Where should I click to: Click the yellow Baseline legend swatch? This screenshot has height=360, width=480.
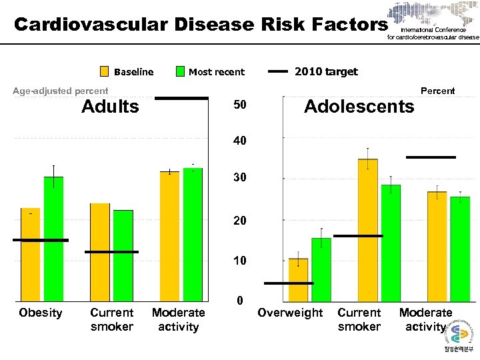coord(105,72)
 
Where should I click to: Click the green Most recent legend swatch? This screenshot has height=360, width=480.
coord(180,72)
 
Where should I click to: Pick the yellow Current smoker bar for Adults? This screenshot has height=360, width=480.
coord(100,252)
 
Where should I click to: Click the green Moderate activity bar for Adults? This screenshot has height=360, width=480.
coord(193,234)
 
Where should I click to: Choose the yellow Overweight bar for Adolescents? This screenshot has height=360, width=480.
coord(298,279)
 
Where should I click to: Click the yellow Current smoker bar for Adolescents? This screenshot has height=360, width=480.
coord(368,230)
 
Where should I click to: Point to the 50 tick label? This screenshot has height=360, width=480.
coord(239,107)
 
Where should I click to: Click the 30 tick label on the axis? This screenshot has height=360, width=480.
coord(239,179)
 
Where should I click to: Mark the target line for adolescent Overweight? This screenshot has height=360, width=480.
coord(289,283)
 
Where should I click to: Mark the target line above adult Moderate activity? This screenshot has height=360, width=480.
coord(181,99)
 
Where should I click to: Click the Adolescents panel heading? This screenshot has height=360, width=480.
coord(359,107)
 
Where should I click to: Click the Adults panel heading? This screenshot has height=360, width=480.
coord(110,107)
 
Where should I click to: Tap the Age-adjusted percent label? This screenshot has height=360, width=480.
coord(61,91)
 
